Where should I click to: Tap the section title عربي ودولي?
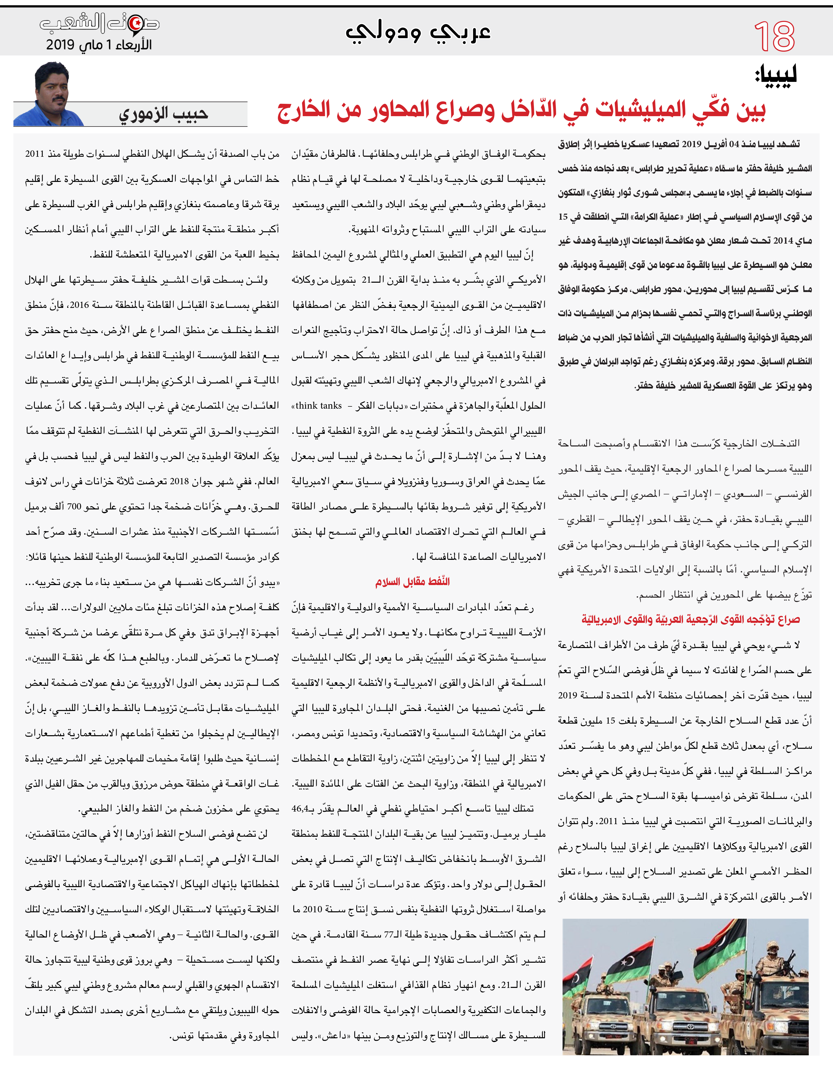418,32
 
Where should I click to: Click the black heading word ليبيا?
776,76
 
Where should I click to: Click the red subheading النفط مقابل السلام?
412,581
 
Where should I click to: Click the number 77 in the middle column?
389,935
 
